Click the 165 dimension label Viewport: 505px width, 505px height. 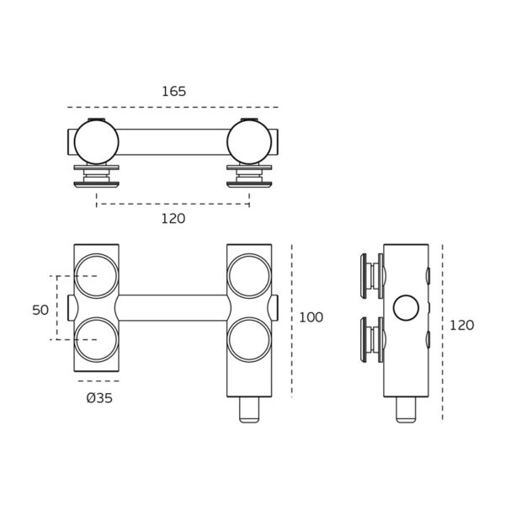click(x=173, y=92)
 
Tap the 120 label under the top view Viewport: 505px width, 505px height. click(x=173, y=218)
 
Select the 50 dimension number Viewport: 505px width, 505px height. click(x=40, y=310)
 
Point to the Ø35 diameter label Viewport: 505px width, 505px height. click(x=98, y=398)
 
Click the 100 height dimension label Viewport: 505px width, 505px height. click(x=311, y=317)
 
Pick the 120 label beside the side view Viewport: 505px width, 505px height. click(x=461, y=325)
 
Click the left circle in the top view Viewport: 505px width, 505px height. click(x=96, y=141)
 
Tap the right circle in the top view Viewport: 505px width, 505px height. click(x=249, y=141)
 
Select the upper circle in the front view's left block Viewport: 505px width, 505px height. click(x=96, y=275)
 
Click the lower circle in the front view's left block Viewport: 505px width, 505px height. click(x=96, y=340)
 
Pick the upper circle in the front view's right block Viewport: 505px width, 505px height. click(x=249, y=275)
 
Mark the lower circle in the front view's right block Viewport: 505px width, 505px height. click(x=249, y=340)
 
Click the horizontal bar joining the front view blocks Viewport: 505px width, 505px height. click(x=173, y=307)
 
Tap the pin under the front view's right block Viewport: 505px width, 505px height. click(x=249, y=409)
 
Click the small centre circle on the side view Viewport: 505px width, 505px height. click(x=406, y=308)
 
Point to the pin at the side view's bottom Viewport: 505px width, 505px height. click(x=406, y=409)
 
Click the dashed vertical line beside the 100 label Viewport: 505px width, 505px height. click(x=292, y=320)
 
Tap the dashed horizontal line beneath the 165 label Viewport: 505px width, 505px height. click(x=173, y=107)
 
